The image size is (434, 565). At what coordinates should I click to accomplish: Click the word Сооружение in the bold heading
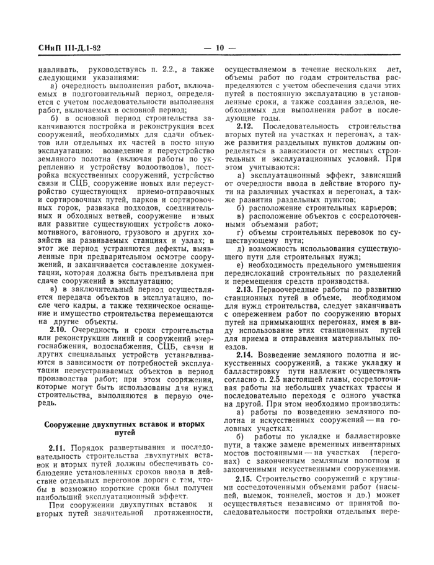point(66,424)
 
